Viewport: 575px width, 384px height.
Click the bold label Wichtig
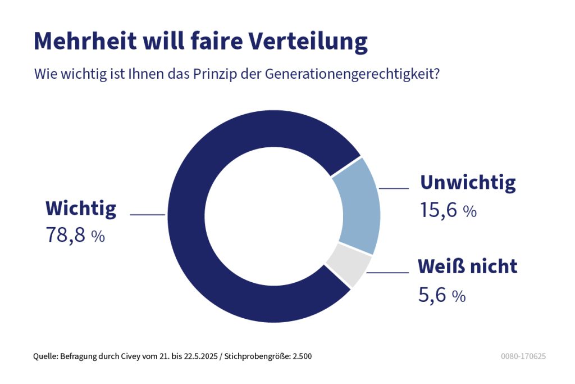(x=81, y=209)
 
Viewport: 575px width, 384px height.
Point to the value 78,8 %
(x=75, y=235)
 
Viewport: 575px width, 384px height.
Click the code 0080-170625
(x=523, y=356)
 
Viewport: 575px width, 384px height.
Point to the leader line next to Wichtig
(x=147, y=214)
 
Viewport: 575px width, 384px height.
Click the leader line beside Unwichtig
(x=394, y=188)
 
